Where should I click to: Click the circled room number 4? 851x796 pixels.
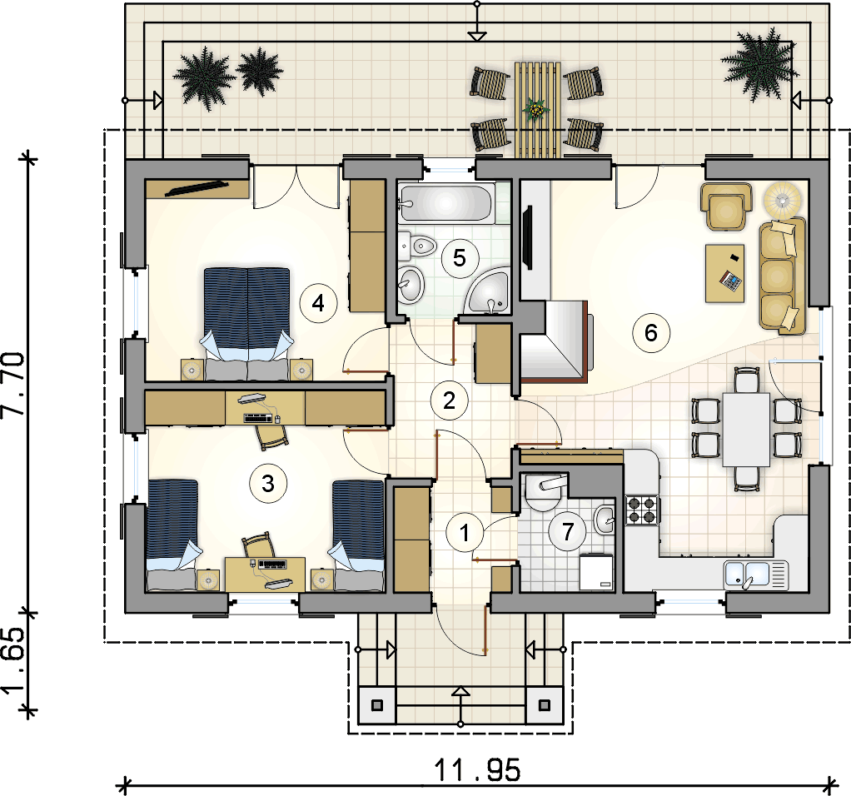pyautogui.click(x=319, y=303)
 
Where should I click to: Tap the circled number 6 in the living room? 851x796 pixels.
pyautogui.click(x=651, y=332)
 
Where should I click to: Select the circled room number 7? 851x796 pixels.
pyautogui.click(x=568, y=532)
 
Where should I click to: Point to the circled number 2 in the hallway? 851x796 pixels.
pyautogui.click(x=450, y=401)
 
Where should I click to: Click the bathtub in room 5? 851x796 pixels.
pyautogui.click(x=447, y=204)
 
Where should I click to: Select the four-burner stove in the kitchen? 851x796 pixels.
pyautogui.click(x=642, y=510)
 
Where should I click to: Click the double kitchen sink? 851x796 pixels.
pyautogui.click(x=755, y=575)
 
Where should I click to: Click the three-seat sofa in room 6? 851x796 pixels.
pyautogui.click(x=782, y=275)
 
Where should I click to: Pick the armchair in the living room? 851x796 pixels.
pyautogui.click(x=726, y=206)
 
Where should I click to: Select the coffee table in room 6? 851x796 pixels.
pyautogui.click(x=725, y=273)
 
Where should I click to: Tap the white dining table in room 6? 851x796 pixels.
pyautogui.click(x=746, y=429)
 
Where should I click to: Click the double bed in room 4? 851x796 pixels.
pyautogui.click(x=247, y=323)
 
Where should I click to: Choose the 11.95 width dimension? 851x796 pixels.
pyautogui.click(x=478, y=770)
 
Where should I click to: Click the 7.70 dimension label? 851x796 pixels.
pyautogui.click(x=14, y=385)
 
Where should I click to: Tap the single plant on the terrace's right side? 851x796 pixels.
pyautogui.click(x=759, y=64)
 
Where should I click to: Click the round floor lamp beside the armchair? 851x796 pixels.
pyautogui.click(x=782, y=200)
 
